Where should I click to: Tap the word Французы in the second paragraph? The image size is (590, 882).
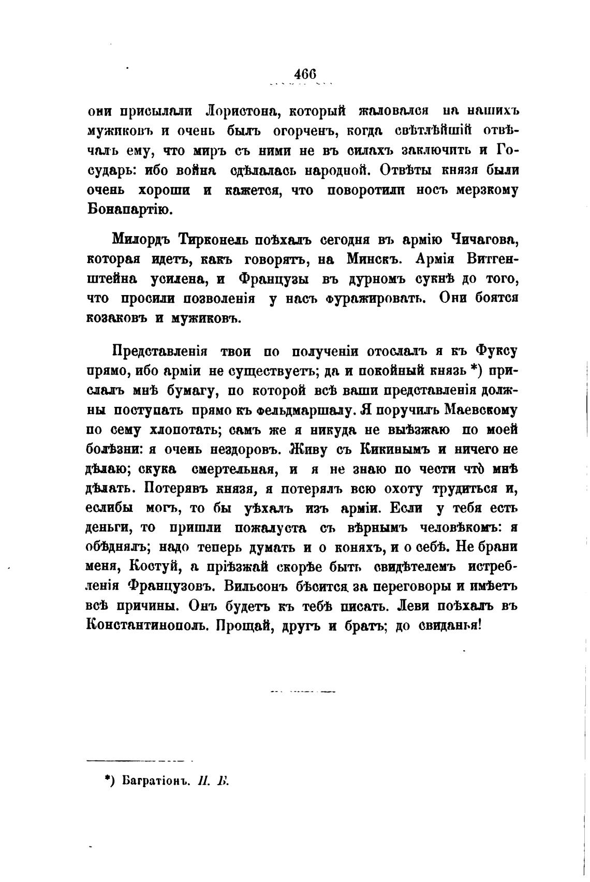coord(274,279)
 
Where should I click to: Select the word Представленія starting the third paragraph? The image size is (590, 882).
coord(160,351)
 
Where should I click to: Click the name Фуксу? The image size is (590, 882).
coord(495,351)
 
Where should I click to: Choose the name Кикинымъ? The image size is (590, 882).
coord(401,449)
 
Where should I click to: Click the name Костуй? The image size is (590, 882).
coord(154,567)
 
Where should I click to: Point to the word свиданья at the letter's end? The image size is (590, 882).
coord(450,625)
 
